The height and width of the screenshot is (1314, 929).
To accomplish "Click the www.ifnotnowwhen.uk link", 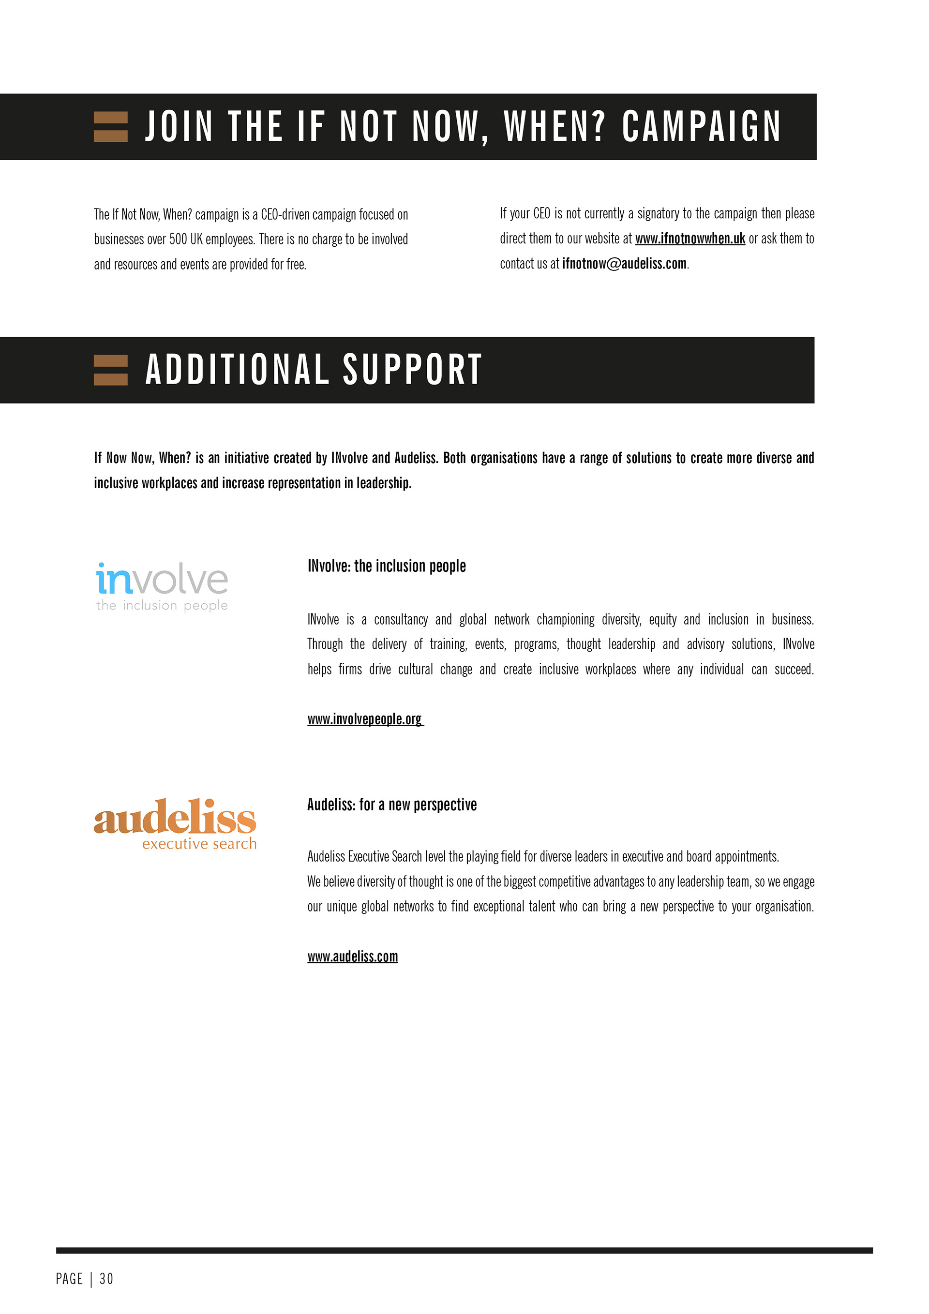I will [x=690, y=239].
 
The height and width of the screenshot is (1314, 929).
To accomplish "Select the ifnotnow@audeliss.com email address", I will [x=624, y=264].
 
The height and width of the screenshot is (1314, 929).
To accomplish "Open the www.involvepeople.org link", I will [x=365, y=719].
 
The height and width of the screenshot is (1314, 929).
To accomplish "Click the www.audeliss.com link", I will [x=352, y=956].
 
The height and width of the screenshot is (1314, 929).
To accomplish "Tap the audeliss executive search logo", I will [x=175, y=823].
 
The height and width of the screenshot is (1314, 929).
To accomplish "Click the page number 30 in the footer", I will [x=106, y=1279].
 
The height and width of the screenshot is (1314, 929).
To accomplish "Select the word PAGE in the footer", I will [x=69, y=1279].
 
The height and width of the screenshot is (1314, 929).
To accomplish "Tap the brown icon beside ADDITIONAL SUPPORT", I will [x=110, y=370].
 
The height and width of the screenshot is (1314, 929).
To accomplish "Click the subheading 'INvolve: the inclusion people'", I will [x=387, y=566].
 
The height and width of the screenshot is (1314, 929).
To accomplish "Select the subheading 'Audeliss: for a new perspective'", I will [x=391, y=805].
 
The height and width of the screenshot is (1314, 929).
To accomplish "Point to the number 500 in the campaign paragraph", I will [x=178, y=239].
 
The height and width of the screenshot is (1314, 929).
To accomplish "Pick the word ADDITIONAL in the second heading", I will [x=237, y=370].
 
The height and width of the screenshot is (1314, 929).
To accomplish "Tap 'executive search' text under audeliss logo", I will [x=199, y=844].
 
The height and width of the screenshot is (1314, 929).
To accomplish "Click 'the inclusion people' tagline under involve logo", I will [x=162, y=606].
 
